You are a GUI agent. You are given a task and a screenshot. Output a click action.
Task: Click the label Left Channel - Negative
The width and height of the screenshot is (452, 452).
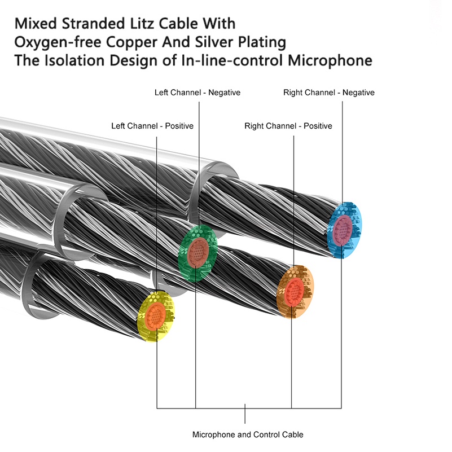(197, 93)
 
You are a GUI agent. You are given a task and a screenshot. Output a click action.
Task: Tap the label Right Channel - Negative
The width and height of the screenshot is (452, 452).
(329, 93)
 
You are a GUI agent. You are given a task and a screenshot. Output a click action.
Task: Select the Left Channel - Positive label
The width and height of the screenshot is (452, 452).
(152, 126)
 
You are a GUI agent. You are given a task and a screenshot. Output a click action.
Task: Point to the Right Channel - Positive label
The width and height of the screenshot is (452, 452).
(288, 126)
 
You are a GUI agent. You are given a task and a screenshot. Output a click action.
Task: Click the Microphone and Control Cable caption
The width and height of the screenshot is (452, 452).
(248, 435)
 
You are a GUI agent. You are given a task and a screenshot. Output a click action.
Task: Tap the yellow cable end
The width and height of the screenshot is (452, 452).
(156, 316)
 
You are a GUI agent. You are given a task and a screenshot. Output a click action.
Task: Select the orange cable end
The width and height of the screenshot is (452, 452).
(295, 292)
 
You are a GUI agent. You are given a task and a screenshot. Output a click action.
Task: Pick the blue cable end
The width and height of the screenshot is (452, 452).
(344, 230)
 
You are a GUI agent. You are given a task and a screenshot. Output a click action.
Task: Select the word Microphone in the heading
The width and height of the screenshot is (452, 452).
(330, 61)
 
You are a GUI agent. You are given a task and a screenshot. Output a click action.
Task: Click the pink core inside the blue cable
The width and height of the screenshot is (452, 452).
(343, 230)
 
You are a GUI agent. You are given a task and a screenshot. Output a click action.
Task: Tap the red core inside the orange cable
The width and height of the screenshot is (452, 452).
(294, 292)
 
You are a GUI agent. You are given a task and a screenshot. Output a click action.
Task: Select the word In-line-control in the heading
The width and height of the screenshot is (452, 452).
(232, 60)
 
